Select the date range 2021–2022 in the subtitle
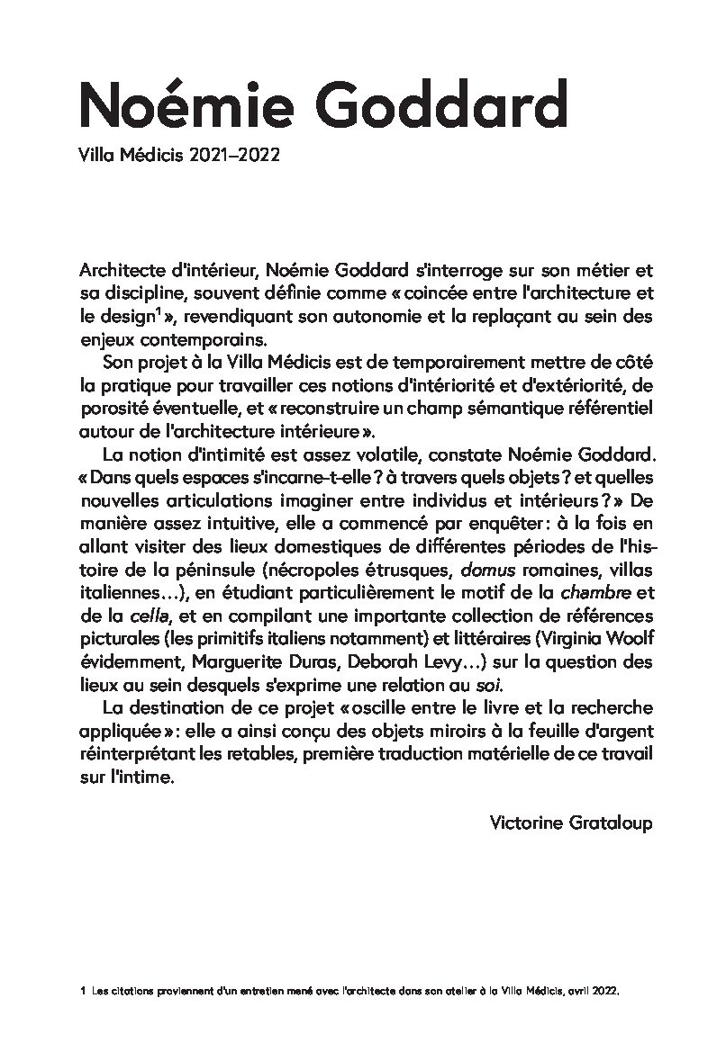[x=235, y=155]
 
